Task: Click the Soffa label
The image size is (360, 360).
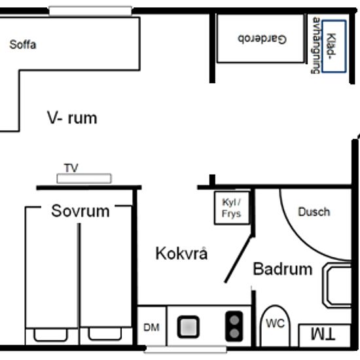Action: [23, 45]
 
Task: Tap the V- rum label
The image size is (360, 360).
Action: [72, 118]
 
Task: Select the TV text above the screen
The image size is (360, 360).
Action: [71, 168]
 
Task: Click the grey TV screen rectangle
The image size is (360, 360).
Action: [84, 179]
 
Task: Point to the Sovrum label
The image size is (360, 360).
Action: [81, 211]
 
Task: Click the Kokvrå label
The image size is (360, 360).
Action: [181, 253]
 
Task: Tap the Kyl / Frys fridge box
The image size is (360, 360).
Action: [232, 207]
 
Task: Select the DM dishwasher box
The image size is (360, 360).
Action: [151, 326]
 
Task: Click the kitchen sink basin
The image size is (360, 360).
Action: [189, 327]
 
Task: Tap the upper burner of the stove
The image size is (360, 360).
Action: [234, 320]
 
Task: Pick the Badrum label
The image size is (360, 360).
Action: [283, 269]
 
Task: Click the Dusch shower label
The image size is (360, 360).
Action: [314, 211]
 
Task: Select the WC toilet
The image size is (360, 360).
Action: [276, 325]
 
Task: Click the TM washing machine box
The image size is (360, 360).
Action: [325, 335]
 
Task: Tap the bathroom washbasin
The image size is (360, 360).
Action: [337, 285]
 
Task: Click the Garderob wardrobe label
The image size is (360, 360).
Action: [262, 39]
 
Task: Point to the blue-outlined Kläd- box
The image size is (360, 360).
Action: [334, 46]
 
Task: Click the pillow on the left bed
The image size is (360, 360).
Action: [51, 335]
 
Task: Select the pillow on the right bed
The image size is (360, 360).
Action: [105, 334]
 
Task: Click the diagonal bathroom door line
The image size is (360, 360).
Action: [238, 259]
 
